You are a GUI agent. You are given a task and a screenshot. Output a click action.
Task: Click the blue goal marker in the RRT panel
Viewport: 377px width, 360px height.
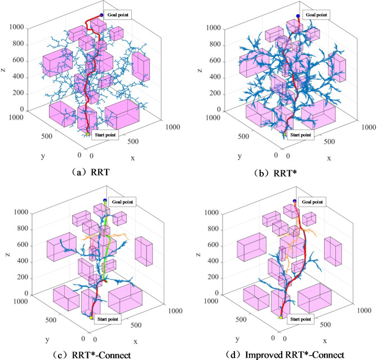(101, 15)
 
